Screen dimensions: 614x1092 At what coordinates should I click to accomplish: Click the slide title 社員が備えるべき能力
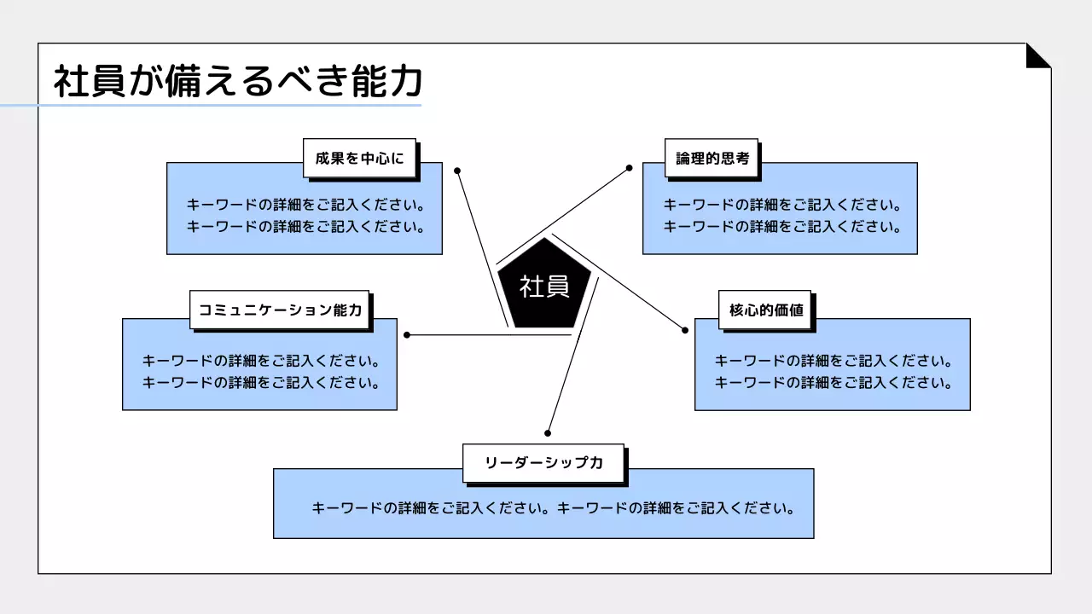point(238,82)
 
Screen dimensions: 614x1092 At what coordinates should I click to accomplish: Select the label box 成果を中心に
point(359,158)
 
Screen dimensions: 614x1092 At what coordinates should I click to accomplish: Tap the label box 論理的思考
point(712,158)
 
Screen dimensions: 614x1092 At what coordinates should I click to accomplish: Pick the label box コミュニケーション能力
point(280,310)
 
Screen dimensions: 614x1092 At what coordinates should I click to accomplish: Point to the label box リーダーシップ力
point(543,462)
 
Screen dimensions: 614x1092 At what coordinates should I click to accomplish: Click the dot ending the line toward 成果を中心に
point(457,171)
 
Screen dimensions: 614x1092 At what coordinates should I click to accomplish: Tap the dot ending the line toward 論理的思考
point(630,168)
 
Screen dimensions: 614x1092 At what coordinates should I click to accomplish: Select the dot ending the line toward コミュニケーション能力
point(407,335)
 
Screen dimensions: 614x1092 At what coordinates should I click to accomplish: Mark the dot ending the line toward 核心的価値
point(684,330)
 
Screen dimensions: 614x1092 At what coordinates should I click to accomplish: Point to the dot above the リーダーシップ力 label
point(548,433)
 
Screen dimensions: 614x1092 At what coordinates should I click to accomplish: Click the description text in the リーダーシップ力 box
point(553,508)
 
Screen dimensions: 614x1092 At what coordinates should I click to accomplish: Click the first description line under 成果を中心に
point(305,206)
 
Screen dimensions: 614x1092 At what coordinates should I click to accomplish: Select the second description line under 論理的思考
point(782,227)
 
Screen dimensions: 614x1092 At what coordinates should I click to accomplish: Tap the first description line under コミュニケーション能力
point(260,361)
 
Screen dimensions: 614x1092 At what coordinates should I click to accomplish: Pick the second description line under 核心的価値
point(833,383)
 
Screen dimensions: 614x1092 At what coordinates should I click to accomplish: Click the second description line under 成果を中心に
point(305,227)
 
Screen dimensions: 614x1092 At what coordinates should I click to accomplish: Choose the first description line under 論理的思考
point(782,206)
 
